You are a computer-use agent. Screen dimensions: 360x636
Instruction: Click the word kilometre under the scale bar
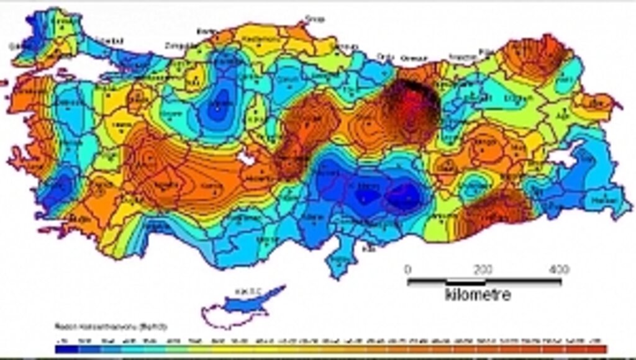(x=478, y=294)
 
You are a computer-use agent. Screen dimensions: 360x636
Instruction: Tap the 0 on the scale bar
(x=407, y=269)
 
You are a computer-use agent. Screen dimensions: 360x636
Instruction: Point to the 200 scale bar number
(x=483, y=269)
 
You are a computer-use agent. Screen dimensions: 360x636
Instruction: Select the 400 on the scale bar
(x=560, y=269)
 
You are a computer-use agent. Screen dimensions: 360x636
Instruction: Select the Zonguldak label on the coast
(x=178, y=45)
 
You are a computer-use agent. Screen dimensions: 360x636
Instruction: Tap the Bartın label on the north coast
(x=206, y=30)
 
